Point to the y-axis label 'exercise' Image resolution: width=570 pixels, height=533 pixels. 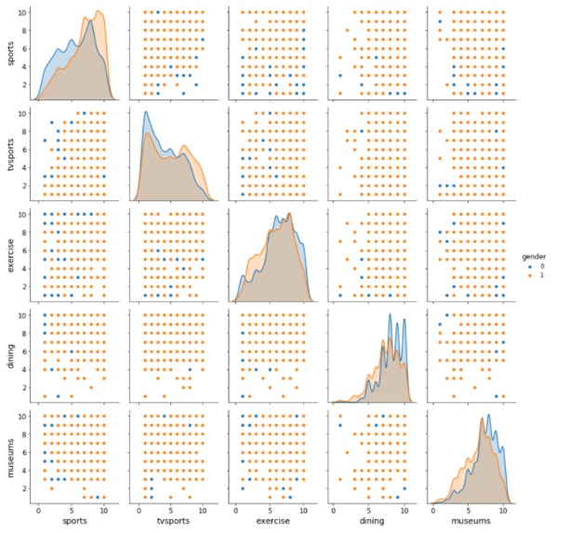10,253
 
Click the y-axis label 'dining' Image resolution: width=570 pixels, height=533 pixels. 10,353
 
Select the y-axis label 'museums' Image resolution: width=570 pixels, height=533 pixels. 10,452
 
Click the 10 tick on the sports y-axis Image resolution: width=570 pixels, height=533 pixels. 24,13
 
